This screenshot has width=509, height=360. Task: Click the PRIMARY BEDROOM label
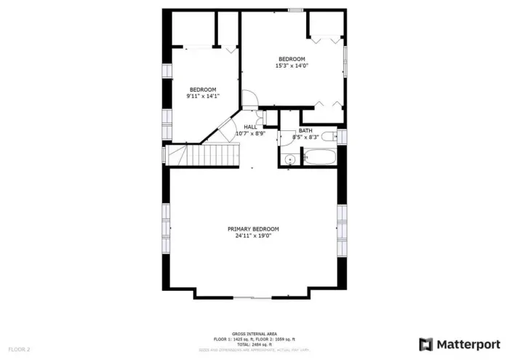coord(253,229)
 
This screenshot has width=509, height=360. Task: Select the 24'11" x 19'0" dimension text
coord(253,236)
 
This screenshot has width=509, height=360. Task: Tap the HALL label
coord(250,127)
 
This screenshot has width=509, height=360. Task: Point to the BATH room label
coord(305,131)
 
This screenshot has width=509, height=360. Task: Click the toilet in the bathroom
coord(329,135)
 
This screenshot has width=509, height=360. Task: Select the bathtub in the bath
coord(318,157)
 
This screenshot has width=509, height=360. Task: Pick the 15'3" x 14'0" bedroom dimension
coord(291,66)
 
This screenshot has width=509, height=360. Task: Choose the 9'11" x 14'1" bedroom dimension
coord(203,96)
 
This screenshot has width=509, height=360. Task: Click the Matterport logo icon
coord(425,344)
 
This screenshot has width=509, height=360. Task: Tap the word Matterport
coord(468,344)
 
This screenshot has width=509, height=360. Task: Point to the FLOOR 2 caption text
coord(20,349)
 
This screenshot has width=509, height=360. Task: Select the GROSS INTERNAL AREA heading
coord(254,334)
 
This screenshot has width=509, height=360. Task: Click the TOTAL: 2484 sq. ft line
coord(254,344)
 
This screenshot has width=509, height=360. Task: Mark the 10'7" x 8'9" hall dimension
coord(251,133)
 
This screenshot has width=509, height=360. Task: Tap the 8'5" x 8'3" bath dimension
coord(305,137)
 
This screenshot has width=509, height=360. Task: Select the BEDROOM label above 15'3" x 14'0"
coord(292,60)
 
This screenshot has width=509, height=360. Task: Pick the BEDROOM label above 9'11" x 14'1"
coord(203,89)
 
